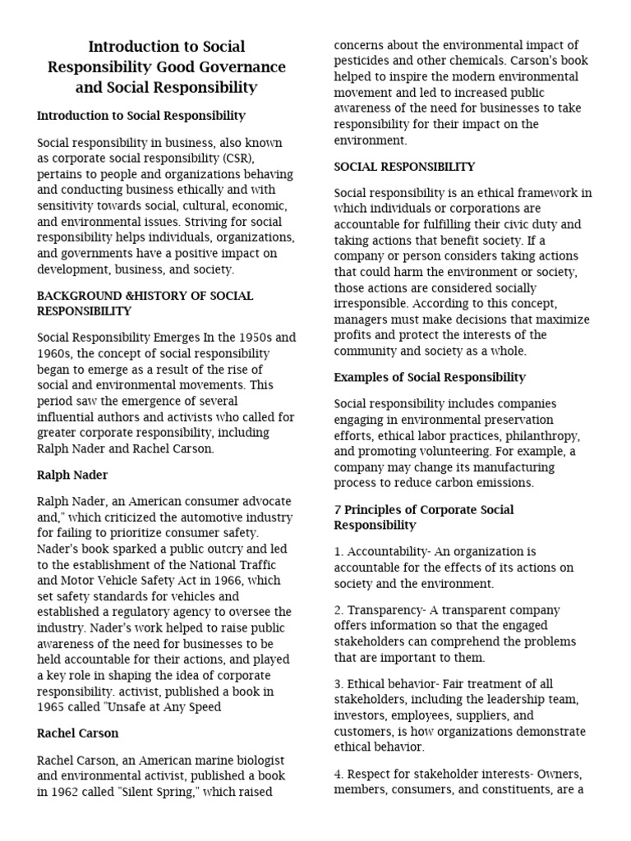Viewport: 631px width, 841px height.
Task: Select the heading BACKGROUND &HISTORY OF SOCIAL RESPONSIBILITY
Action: pos(145,303)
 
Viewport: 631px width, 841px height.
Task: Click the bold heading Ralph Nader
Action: pos(72,475)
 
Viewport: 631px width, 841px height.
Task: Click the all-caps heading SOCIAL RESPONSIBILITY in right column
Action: pos(404,167)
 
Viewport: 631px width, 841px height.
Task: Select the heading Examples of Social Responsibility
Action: pos(430,377)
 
